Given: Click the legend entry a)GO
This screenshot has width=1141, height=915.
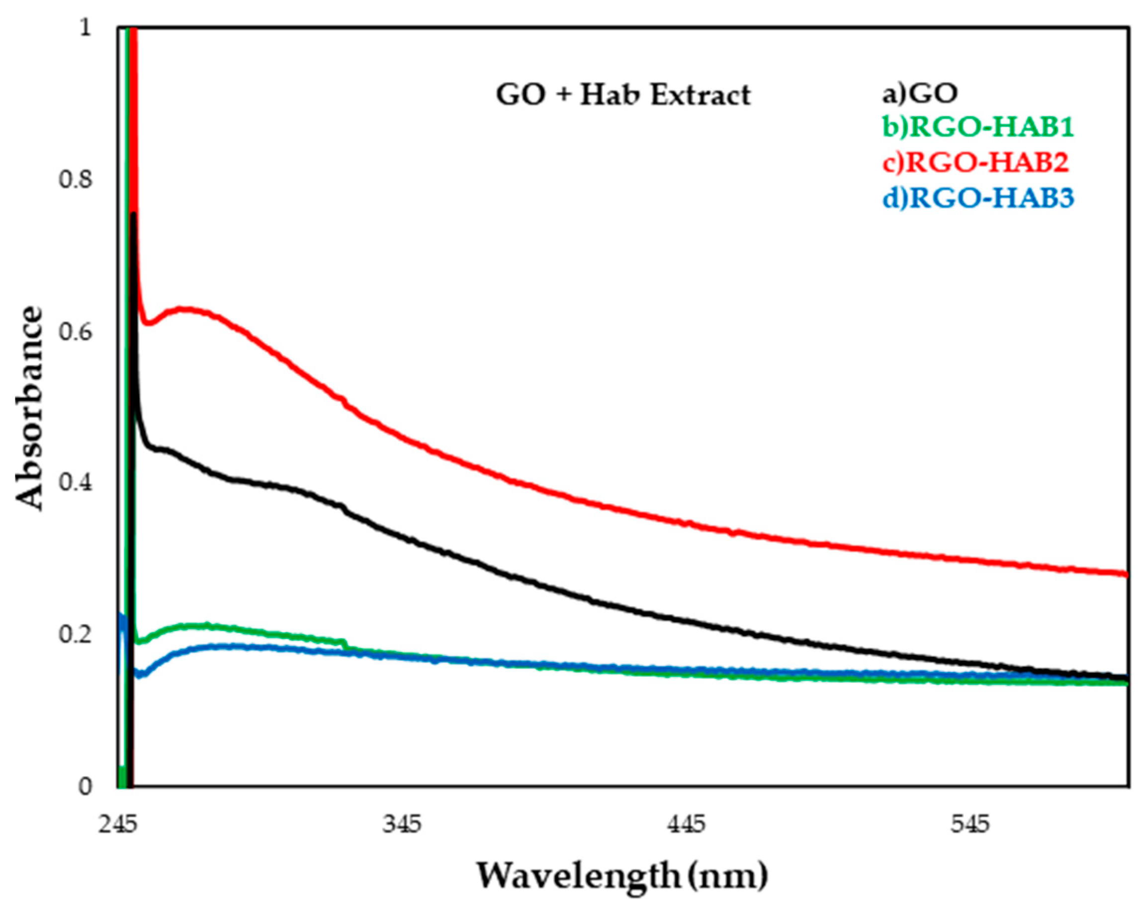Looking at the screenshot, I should (919, 93).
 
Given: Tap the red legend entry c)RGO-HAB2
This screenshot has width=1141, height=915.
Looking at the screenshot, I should (975, 163).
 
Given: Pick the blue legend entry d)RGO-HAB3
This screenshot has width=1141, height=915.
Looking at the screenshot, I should (978, 198).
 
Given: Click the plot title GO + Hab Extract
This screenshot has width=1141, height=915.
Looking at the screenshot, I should (623, 96).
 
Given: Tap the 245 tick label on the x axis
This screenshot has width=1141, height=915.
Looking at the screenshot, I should (117, 825).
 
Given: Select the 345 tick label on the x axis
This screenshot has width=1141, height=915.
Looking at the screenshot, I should (402, 825).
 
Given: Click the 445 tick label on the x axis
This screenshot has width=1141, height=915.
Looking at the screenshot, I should (687, 825).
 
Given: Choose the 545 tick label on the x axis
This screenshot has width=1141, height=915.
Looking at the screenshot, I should (970, 825).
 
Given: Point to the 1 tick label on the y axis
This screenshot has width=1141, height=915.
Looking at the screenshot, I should (85, 27).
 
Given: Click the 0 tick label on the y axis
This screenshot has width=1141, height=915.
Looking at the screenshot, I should (85, 787).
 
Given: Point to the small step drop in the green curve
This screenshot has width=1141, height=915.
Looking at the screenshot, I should (346, 644).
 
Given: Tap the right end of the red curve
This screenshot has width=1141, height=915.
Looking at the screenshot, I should (1124, 574).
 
